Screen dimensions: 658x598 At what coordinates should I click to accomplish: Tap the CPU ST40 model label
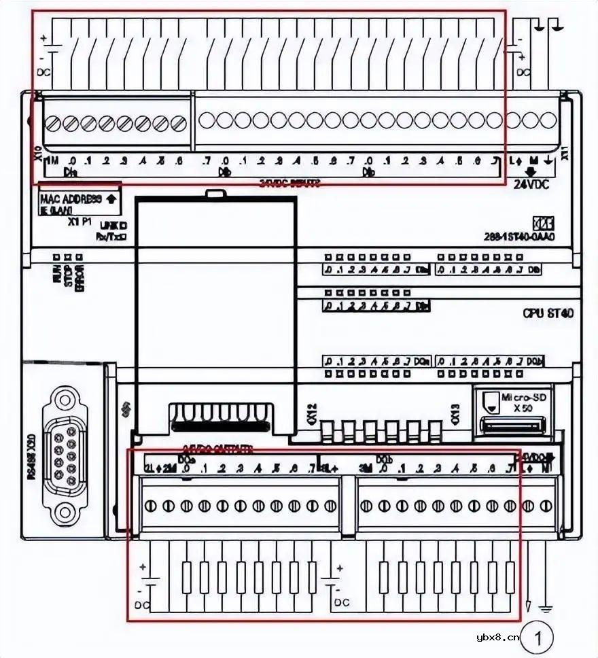point(548,313)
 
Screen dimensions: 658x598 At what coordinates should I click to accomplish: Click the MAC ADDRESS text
point(71,199)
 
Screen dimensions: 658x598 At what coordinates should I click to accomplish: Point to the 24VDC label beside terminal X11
point(531,184)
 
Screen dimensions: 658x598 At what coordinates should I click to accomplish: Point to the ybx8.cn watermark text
point(498,637)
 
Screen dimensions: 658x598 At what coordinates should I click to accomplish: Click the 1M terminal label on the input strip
point(52,162)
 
